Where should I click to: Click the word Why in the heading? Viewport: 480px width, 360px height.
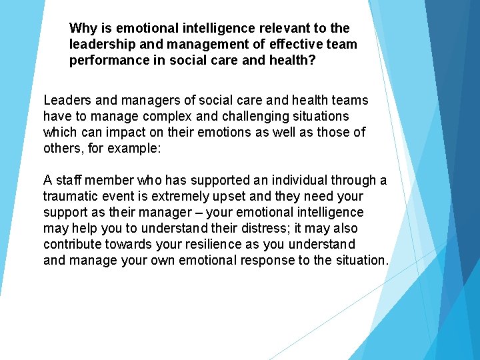(83, 28)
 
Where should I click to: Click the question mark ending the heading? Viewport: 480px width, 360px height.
(313, 60)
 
